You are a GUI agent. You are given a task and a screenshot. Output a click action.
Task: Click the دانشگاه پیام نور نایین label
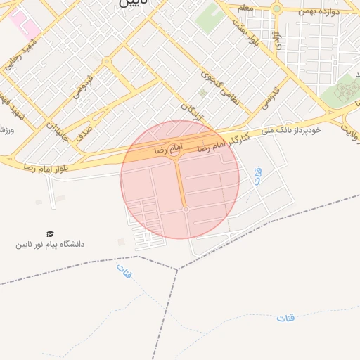51,245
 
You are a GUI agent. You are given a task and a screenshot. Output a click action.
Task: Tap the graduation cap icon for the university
50,233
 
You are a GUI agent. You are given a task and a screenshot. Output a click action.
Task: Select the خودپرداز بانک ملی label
290,131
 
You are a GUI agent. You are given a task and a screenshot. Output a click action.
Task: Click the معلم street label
245,7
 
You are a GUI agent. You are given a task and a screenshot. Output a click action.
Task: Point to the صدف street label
82,127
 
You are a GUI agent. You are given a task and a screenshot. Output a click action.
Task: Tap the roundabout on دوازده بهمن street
276,9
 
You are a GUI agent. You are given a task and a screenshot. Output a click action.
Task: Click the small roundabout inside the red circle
186,210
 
